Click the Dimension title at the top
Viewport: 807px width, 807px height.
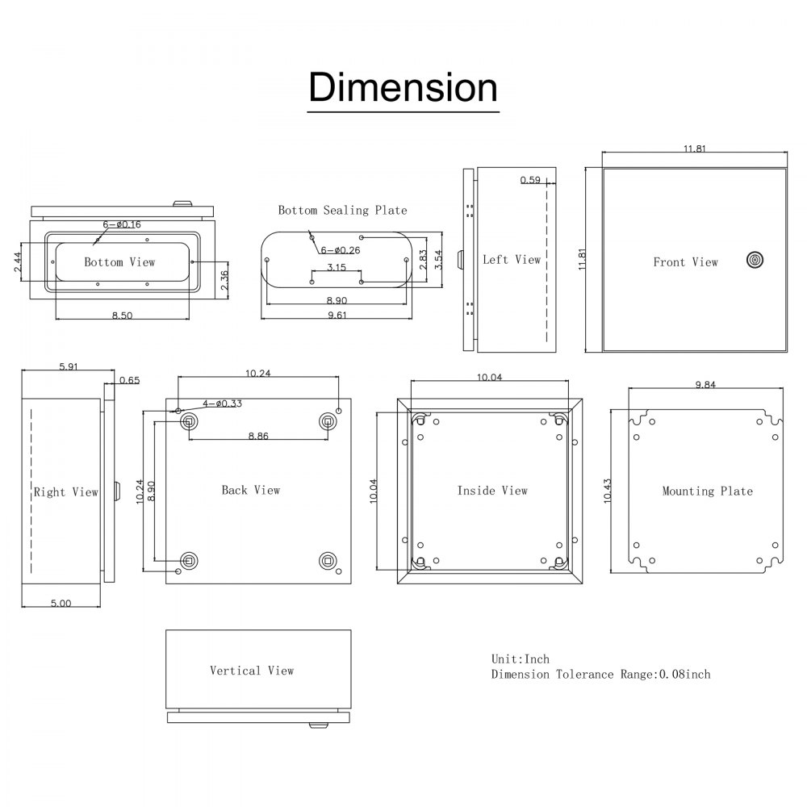pyautogui.click(x=403, y=87)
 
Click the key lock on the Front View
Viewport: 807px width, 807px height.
pyautogui.click(x=755, y=260)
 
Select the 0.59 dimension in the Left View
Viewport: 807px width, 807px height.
pyautogui.click(x=530, y=180)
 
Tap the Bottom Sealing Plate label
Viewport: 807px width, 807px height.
pyautogui.click(x=342, y=210)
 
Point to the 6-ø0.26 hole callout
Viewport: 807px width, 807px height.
pyautogui.click(x=339, y=250)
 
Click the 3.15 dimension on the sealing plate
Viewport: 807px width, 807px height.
pyautogui.click(x=337, y=267)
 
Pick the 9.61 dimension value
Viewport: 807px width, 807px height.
pyautogui.click(x=337, y=316)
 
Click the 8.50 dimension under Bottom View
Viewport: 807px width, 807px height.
pyautogui.click(x=122, y=316)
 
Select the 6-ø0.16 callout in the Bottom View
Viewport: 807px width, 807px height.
pyautogui.click(x=122, y=224)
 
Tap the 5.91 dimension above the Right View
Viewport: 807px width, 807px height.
pyautogui.click(x=69, y=366)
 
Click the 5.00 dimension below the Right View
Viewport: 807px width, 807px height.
pyautogui.click(x=61, y=603)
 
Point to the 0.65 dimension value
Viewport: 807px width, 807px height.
pyautogui.click(x=129, y=380)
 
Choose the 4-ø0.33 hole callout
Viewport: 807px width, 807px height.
pyautogui.click(x=223, y=403)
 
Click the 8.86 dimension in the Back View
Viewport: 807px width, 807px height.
pyautogui.click(x=258, y=436)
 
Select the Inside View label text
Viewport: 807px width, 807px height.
pyautogui.click(x=492, y=491)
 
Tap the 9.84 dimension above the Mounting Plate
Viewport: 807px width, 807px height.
pyautogui.click(x=705, y=385)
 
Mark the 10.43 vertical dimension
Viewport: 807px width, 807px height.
pyautogui.click(x=607, y=490)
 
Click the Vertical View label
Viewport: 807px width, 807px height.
pyautogui.click(x=252, y=671)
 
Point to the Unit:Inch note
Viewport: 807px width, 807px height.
pyautogui.click(x=520, y=659)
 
